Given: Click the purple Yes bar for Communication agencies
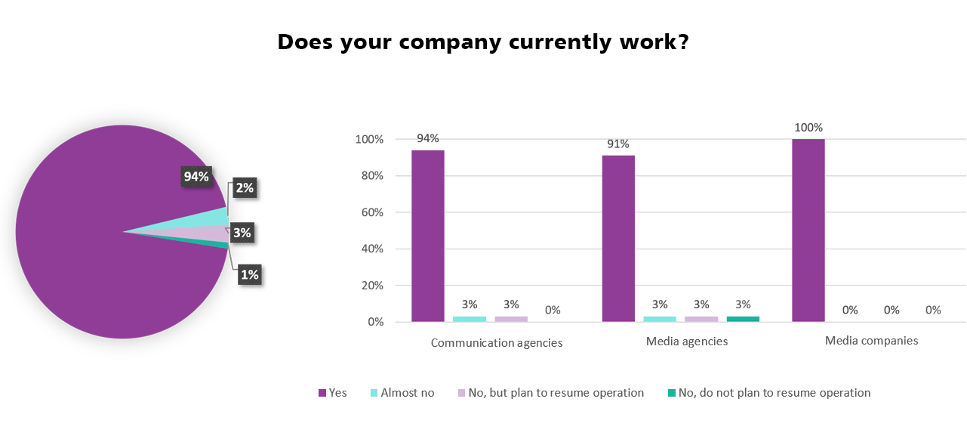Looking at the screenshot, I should click(x=427, y=236).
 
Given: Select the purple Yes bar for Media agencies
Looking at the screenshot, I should click(x=618, y=239).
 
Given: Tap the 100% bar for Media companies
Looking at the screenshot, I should click(x=808, y=230).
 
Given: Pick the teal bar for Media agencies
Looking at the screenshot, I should click(x=743, y=319).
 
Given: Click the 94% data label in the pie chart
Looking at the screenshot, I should click(x=196, y=177).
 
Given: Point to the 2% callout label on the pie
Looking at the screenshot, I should click(x=244, y=188).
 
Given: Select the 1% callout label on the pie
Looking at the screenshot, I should click(x=249, y=275).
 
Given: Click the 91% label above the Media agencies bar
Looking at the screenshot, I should click(x=618, y=144).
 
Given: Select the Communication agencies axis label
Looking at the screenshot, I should click(x=497, y=342).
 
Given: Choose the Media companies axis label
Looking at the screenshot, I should click(x=871, y=341).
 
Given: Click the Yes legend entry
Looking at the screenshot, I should click(x=332, y=393).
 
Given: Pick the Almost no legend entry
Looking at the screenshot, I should click(x=401, y=393).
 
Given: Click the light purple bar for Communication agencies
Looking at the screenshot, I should click(x=511, y=319).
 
